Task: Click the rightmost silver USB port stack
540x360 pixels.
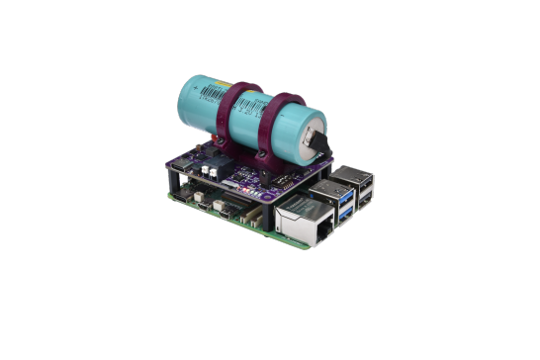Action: point(357,188)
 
